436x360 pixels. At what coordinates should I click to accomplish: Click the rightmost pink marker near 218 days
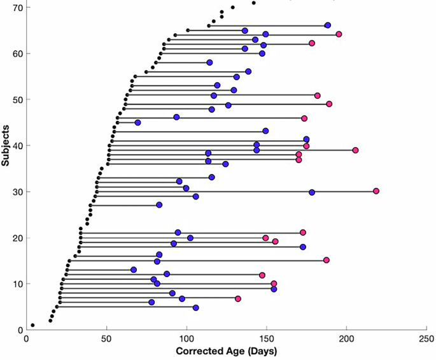point(376,191)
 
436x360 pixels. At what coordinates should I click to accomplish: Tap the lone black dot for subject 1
point(32,325)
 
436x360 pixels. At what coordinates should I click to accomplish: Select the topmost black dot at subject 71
point(253,3)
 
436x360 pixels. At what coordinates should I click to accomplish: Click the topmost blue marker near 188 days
point(328,25)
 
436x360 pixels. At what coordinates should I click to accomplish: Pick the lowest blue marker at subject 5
point(195,308)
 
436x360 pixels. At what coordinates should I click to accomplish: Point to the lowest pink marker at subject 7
point(238,299)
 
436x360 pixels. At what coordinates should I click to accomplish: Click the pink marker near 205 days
point(355,150)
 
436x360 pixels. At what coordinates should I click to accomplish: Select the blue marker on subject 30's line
point(312,192)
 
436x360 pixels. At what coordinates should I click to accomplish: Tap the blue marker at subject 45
point(137,122)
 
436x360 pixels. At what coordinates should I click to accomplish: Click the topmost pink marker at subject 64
point(339,34)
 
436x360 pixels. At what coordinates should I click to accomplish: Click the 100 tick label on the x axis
point(186,338)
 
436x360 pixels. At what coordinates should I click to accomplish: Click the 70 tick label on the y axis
point(14,7)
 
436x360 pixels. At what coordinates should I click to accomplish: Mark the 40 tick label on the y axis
point(14,145)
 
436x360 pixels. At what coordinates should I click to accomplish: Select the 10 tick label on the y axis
point(14,284)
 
